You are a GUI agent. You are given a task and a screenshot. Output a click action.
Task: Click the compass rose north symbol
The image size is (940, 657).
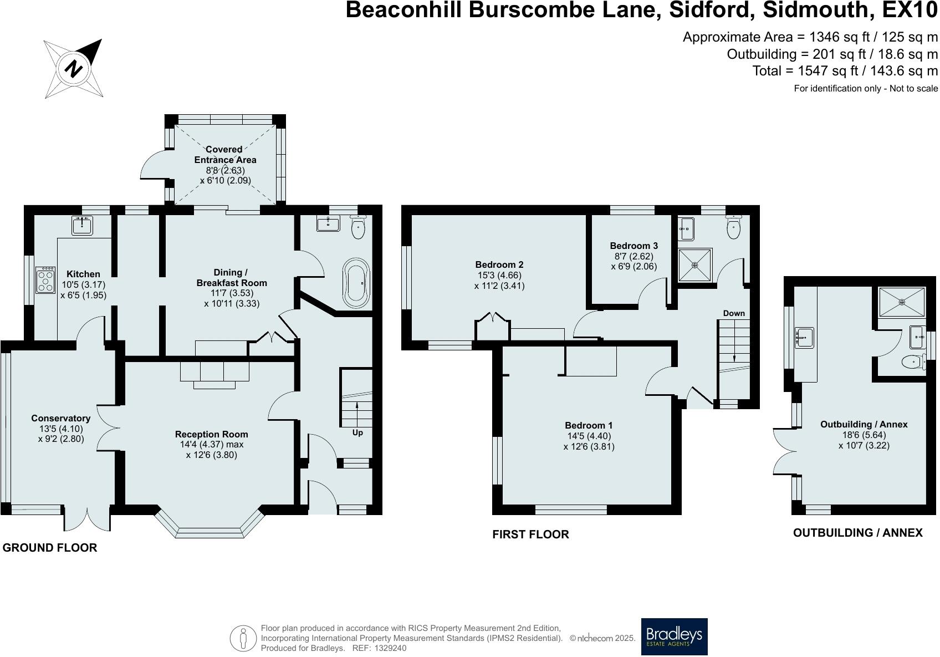pyautogui.click(x=74, y=69)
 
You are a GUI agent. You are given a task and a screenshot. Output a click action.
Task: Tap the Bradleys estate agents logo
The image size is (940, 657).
pyautogui.click(x=674, y=636)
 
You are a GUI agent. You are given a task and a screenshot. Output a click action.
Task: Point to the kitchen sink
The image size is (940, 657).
pyautogui.click(x=83, y=225)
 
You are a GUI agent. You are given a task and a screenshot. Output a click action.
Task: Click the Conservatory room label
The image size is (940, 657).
pyautogui.click(x=60, y=419)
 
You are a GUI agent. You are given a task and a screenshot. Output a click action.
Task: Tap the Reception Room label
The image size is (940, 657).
pyautogui.click(x=211, y=434)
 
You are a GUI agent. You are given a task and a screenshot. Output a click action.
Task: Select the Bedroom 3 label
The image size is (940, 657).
pyautogui.click(x=634, y=246)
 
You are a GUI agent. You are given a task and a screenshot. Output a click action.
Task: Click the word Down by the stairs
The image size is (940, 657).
pyautogui.click(x=734, y=313)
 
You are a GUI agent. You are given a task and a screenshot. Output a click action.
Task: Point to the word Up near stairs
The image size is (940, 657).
pyautogui.click(x=357, y=432)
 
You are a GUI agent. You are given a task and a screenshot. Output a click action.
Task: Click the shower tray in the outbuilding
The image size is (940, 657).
pyautogui.click(x=902, y=302)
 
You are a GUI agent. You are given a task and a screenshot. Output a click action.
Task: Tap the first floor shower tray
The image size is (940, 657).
pyautogui.click(x=694, y=265)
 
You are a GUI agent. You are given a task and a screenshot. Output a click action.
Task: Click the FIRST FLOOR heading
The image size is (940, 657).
pyautogui.click(x=530, y=534)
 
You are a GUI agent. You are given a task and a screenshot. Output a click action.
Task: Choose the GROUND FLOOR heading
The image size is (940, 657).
pyautogui.click(x=50, y=548)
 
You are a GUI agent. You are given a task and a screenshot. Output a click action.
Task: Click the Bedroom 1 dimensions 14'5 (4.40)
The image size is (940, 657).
pyautogui.click(x=589, y=436)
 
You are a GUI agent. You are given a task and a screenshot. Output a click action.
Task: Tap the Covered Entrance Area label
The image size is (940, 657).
pyautogui.click(x=224, y=155)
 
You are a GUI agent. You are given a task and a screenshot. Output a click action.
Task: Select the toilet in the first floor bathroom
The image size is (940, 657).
pyautogui.click(x=734, y=228)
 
